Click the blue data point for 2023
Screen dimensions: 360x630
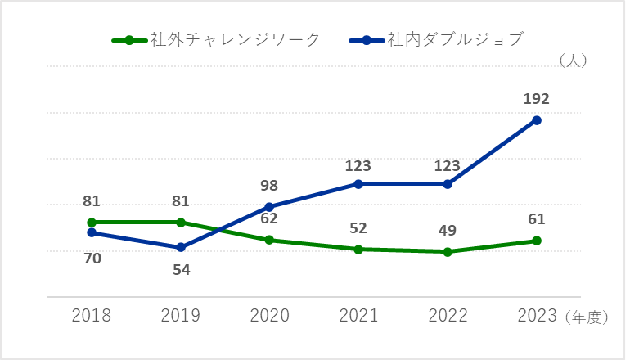pyautogui.click(x=537, y=120)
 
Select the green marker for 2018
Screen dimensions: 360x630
pyautogui.click(x=92, y=222)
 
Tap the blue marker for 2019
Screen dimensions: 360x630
pyautogui.click(x=181, y=247)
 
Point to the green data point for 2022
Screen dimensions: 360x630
pyautogui.click(x=448, y=252)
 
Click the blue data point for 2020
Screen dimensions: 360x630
pyautogui.click(x=269, y=206)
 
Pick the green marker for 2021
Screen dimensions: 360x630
pyautogui.click(x=358, y=249)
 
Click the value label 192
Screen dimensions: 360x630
pyautogui.click(x=536, y=100)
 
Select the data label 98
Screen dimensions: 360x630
pyautogui.click(x=269, y=187)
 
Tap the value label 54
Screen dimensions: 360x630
pyautogui.click(x=182, y=268)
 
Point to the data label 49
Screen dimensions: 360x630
pyautogui.click(x=447, y=231)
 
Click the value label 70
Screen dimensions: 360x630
pyautogui.click(x=92, y=259)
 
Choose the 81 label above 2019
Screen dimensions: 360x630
pyautogui.click(x=181, y=201)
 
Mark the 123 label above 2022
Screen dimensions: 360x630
pyautogui.click(x=447, y=166)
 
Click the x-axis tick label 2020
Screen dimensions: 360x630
pyautogui.click(x=269, y=316)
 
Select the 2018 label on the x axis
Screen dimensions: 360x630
pyautogui.click(x=92, y=316)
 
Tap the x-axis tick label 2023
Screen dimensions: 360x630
pyautogui.click(x=536, y=316)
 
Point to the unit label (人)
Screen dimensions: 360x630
pyautogui.click(x=572, y=60)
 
